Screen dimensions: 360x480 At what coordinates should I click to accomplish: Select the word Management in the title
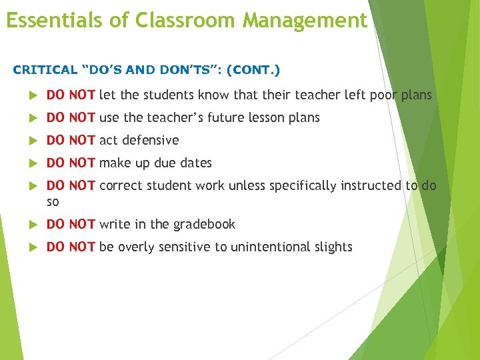pyautogui.click(x=305, y=20)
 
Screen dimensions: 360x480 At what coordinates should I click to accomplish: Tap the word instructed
pyautogui.click(x=370, y=186)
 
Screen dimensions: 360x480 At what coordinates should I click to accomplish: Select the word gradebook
pyautogui.click(x=203, y=225)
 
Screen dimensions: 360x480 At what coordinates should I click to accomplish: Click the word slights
pyautogui.click(x=334, y=247)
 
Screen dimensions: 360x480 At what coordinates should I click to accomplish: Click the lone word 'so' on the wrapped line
pyautogui.click(x=53, y=201)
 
